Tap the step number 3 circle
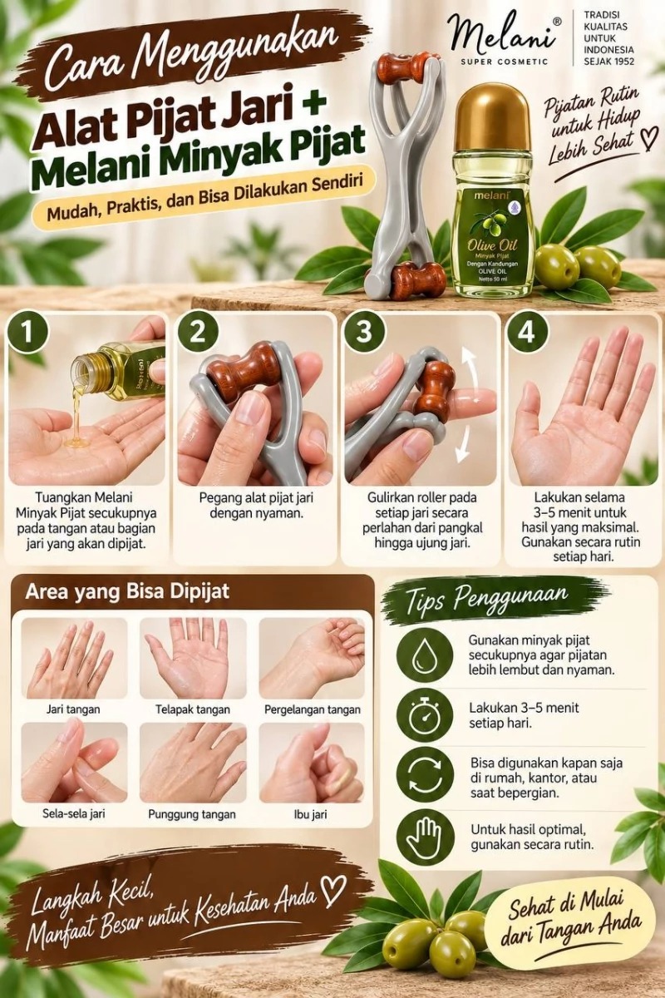tap(363, 333)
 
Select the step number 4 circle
tap(527, 333)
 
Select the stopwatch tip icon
tap(425, 720)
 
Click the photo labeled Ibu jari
tap(312, 763)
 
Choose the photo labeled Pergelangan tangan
tap(312, 659)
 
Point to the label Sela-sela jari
tap(74, 814)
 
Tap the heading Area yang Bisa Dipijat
tap(127, 591)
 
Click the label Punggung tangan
tap(192, 814)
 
